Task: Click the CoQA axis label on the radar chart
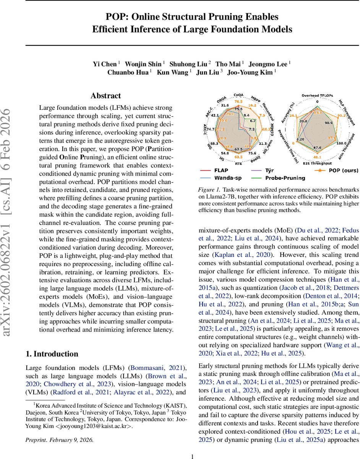pyautogui.click(x=239, y=94)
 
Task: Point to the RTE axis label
pyautogui.click(x=238, y=163)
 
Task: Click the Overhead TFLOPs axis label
pyautogui.click(x=318, y=95)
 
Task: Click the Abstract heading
pyautogui.click(x=106, y=96)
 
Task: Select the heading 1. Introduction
pyautogui.click(x=52, y=354)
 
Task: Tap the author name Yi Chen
pyautogui.click(x=105, y=64)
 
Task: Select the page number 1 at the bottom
pyautogui.click(x=193, y=456)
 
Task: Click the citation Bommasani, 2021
pyautogui.click(x=156, y=368)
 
